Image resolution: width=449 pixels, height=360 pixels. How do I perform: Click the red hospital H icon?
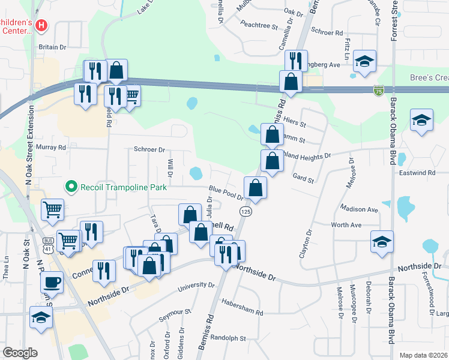41,25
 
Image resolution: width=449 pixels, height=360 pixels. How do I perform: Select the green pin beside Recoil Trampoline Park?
71,187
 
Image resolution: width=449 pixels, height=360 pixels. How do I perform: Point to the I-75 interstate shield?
378,91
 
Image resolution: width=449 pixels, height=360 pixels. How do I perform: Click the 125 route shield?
246,212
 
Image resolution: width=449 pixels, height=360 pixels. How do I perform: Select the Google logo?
20,352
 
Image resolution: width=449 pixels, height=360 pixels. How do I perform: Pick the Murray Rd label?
50,147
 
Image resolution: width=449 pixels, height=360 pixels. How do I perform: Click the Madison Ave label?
358,209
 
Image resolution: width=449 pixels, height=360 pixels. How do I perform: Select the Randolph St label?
229,338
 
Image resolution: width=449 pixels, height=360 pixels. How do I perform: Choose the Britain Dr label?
52,47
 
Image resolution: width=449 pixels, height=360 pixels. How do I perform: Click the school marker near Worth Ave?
382,242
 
